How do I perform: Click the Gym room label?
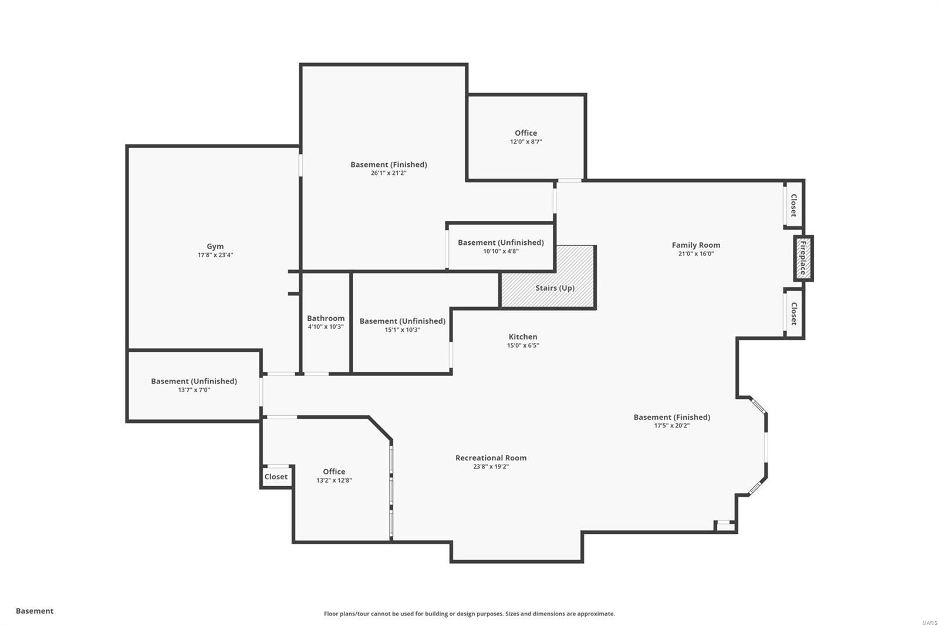pyautogui.click(x=215, y=247)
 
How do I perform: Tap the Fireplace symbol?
pyautogui.click(x=803, y=258)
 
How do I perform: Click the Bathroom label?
pyautogui.click(x=326, y=318)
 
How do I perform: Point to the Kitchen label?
pyautogui.click(x=522, y=336)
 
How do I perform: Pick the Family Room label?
pyautogui.click(x=695, y=245)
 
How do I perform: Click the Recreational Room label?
pyautogui.click(x=491, y=458)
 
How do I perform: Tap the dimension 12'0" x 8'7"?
pyautogui.click(x=526, y=142)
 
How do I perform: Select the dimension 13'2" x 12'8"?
pyautogui.click(x=334, y=480)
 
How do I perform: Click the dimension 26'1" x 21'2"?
pyautogui.click(x=389, y=173)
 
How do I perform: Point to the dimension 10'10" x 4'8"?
pyautogui.click(x=501, y=251)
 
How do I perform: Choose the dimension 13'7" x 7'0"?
pyautogui.click(x=194, y=390)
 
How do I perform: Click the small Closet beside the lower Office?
pyautogui.click(x=276, y=477)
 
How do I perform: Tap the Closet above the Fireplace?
pyautogui.click(x=793, y=206)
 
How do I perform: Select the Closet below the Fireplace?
pyautogui.click(x=793, y=314)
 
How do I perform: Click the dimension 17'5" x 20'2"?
pyautogui.click(x=671, y=426)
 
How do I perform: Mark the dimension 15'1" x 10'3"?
pyautogui.click(x=402, y=330)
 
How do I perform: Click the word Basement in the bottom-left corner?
pyautogui.click(x=35, y=611)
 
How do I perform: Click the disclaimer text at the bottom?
pyautogui.click(x=469, y=614)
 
